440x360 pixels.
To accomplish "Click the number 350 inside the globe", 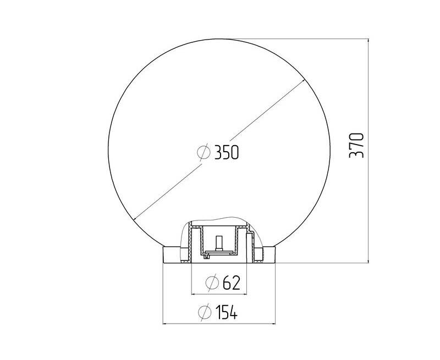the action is tap(227, 152).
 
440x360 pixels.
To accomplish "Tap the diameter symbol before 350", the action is tap(204, 153).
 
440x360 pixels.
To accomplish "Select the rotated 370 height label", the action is tap(356, 145).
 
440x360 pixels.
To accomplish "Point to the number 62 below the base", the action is tap(232, 283).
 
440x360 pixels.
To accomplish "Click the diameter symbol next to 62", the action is tap(212, 283).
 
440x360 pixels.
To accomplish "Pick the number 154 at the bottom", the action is tap(227, 312).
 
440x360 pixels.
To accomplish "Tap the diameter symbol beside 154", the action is tap(205, 312).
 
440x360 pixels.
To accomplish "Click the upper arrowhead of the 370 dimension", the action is tap(368, 42).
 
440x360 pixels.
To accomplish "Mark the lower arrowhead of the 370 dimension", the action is tap(368, 259).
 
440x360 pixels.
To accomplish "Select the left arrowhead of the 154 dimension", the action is tap(167, 324).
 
